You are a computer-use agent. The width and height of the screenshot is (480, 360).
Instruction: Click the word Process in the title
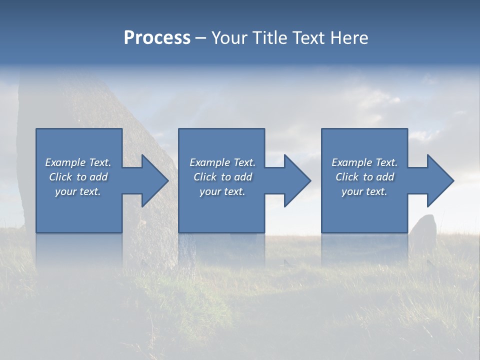(x=157, y=38)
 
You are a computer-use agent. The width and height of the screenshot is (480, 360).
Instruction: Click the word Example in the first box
(x=65, y=162)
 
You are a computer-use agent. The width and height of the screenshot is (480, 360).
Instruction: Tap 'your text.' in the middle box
(x=222, y=191)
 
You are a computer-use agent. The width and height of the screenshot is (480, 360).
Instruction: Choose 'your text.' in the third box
(x=364, y=191)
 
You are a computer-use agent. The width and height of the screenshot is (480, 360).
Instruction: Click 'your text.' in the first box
(x=78, y=191)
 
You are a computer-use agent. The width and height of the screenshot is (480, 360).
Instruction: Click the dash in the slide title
(x=200, y=38)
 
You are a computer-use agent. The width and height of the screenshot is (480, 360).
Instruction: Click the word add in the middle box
(x=243, y=177)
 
